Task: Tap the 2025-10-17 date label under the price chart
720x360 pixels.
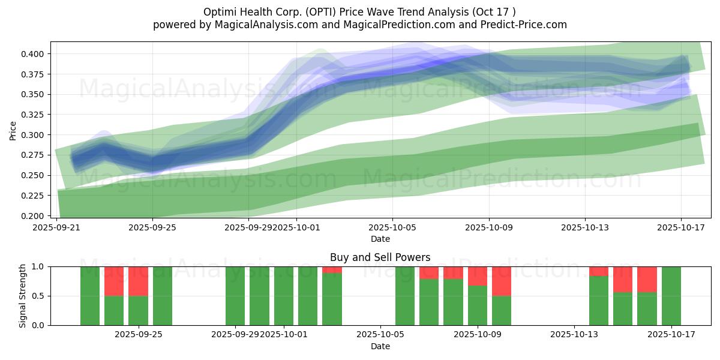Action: [681, 227]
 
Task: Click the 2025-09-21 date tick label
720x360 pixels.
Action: [57, 227]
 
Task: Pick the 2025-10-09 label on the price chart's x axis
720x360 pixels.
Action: [488, 227]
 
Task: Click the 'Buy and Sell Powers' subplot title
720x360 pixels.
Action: [380, 257]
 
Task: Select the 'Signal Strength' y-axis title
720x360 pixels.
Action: [23, 296]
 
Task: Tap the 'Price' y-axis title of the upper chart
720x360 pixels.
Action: [13, 131]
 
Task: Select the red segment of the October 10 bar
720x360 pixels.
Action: [502, 281]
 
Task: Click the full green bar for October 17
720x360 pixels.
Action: [671, 296]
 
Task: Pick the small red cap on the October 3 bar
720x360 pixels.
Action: [332, 269]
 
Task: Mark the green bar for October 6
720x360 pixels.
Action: [405, 296]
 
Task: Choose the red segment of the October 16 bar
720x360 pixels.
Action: [647, 279]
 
